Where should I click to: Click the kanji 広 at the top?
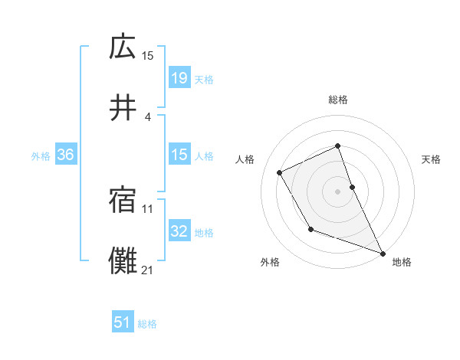tap(123, 47)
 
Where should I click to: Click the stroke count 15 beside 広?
tap(148, 55)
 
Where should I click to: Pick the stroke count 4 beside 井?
tap(147, 116)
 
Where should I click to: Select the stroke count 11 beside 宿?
tap(148, 208)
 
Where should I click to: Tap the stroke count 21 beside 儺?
tap(148, 270)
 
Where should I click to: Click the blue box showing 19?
tap(179, 77)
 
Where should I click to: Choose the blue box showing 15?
tap(179, 155)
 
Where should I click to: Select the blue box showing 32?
tap(179, 231)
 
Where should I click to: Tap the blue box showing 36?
tap(66, 155)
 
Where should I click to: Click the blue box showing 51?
tap(123, 322)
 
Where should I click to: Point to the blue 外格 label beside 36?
tap(41, 155)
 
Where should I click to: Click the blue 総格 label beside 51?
tap(147, 324)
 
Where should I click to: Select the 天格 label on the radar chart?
tap(431, 159)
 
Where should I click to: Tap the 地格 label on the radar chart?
tap(402, 262)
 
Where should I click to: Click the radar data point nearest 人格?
tap(280, 172)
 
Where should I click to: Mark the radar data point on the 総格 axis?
tap(337, 146)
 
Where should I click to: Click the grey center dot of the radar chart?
tap(337, 191)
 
